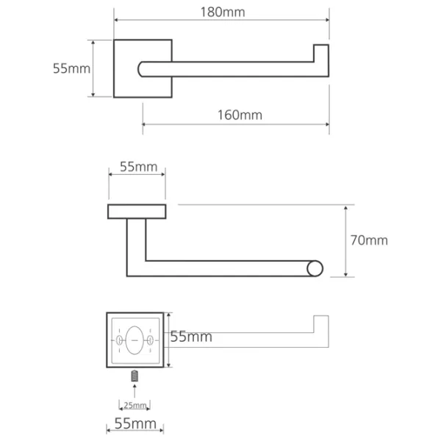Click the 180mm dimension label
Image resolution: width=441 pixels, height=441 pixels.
[223, 12]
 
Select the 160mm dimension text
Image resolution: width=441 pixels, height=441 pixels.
[240, 115]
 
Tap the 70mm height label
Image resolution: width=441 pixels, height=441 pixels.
[369, 240]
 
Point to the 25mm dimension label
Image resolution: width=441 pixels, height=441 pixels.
[135, 405]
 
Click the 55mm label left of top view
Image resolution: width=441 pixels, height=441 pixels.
[72, 68]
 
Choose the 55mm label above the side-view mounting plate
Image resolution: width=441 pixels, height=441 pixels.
[138, 167]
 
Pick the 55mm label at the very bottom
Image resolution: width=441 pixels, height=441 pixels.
[135, 423]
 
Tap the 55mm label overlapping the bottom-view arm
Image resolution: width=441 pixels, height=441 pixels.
[191, 337]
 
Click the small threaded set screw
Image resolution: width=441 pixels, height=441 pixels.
[135, 376]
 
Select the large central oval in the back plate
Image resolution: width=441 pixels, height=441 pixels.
[135, 340]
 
